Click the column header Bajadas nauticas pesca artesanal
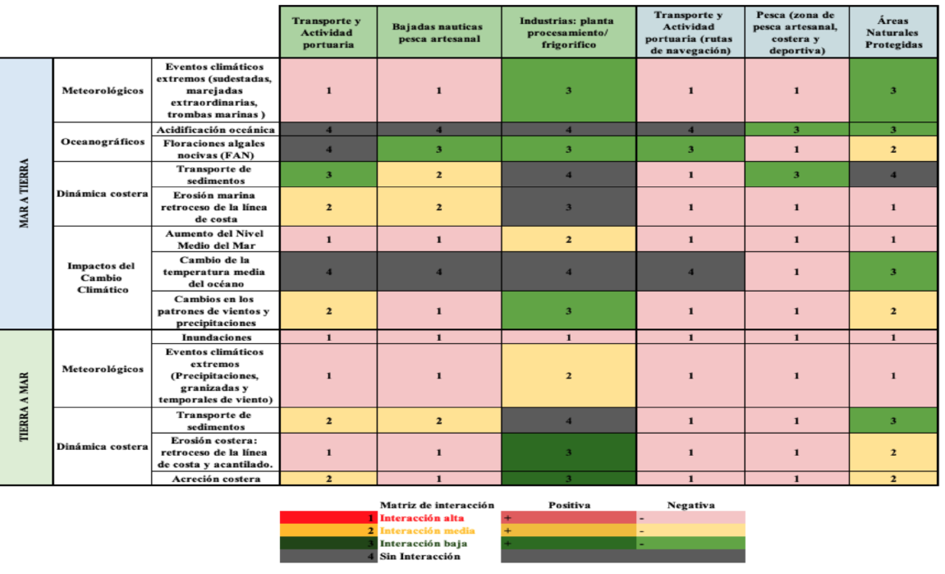438,32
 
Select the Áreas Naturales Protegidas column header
893,32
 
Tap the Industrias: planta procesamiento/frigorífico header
568,32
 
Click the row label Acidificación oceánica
214,130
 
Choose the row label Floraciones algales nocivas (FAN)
214,149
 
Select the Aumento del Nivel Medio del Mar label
214,239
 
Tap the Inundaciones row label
214,338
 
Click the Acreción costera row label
214,479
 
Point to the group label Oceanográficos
103,141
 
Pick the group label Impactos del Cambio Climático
103,278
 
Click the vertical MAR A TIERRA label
25,193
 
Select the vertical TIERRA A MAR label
25,407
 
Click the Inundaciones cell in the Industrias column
568,338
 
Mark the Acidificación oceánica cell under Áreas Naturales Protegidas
893,130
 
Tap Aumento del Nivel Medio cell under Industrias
568,239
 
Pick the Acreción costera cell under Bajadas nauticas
438,479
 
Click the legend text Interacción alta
421,518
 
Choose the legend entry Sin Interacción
420,556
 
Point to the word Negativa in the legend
690,505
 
